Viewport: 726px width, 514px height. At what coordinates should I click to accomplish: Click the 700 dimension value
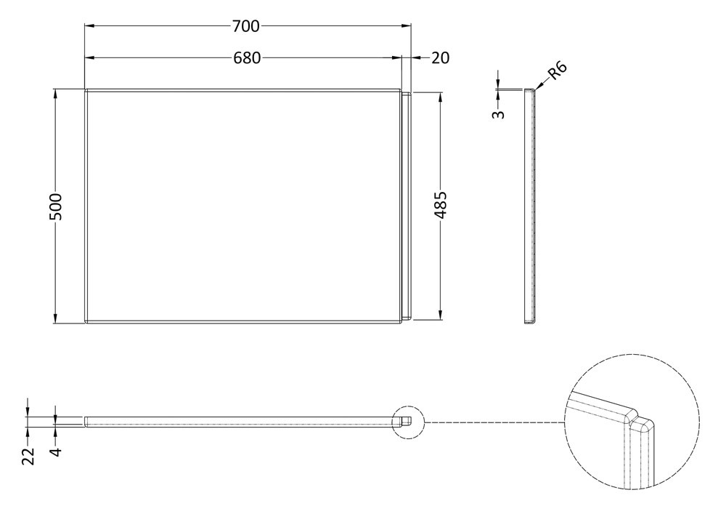click(246, 27)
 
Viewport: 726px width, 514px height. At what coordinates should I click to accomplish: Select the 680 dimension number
click(247, 58)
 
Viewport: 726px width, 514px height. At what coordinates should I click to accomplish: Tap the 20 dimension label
click(441, 58)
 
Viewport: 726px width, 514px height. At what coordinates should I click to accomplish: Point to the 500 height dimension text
click(55, 206)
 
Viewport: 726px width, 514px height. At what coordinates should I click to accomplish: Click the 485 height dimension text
click(441, 205)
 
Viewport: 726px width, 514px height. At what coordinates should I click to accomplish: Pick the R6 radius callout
click(558, 71)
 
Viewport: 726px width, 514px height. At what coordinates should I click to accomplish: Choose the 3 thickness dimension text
click(498, 114)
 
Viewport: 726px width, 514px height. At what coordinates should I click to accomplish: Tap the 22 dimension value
click(29, 456)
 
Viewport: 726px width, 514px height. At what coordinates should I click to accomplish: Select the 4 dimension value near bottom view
click(56, 451)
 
